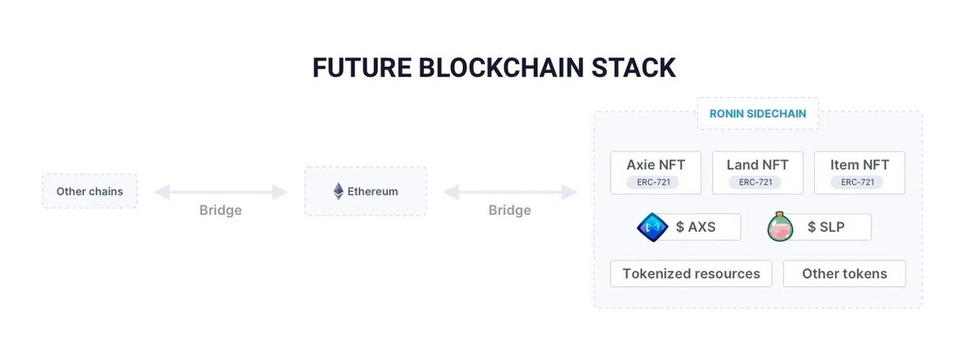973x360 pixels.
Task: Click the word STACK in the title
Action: tap(633, 68)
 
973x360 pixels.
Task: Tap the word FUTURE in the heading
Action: tap(362, 68)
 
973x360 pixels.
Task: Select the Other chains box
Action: tap(90, 191)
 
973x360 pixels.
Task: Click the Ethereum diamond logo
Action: tap(338, 191)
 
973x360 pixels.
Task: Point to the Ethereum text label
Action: tap(373, 191)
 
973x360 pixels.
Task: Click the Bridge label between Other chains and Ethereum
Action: tap(221, 210)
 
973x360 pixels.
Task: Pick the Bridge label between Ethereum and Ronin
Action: tap(509, 210)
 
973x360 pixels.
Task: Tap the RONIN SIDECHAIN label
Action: tap(758, 114)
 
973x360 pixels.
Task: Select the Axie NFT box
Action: tap(655, 173)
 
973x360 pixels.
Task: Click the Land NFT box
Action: tap(757, 173)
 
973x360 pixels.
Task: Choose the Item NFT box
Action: tap(859, 173)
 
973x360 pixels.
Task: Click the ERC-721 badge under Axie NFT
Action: tap(654, 182)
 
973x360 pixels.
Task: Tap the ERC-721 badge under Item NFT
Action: tap(858, 182)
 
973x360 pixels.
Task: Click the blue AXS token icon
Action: tap(653, 227)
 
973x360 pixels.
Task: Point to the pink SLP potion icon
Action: tap(780, 227)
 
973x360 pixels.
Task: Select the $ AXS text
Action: tap(696, 227)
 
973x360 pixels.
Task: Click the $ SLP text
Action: tap(825, 227)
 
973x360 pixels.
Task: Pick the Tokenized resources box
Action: tap(691, 273)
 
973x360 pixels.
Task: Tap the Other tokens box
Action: tap(844, 273)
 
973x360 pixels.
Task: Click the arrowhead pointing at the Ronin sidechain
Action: tap(569, 192)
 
